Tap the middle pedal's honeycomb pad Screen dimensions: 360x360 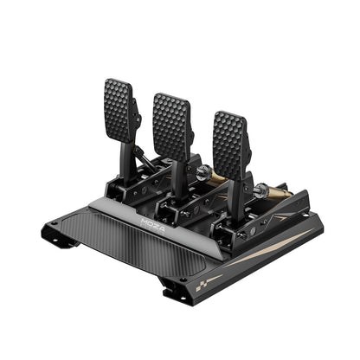pos(171,124)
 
